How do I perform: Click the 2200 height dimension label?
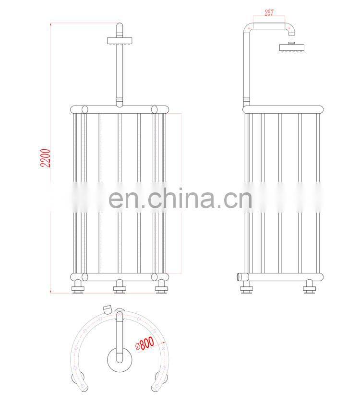45,158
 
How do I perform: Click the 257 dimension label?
269,12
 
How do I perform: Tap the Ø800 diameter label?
144,343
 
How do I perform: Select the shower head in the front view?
120,41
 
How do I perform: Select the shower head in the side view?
292,47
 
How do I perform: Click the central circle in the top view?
120,360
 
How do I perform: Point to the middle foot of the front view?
120,286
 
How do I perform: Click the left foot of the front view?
78,286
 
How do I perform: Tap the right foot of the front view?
161,286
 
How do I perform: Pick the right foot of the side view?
309,286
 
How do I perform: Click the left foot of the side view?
246,286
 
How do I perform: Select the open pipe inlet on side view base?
240,277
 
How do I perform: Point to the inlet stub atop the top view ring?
107,309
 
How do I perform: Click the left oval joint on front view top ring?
84,109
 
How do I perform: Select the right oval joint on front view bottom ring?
154,277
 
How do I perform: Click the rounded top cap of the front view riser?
120,26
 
